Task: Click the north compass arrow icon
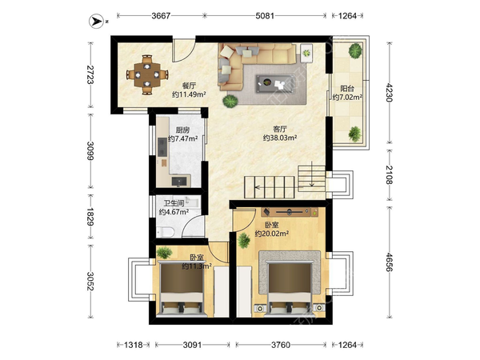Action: [x=97, y=21]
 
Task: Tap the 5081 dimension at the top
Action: [x=265, y=16]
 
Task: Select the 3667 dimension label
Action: [x=161, y=16]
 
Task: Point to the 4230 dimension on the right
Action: [x=389, y=93]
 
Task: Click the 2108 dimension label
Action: [x=389, y=174]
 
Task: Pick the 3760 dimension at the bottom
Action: [x=281, y=345]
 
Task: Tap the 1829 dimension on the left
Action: [x=90, y=217]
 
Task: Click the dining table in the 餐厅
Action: [x=147, y=74]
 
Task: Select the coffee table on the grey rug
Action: [x=275, y=83]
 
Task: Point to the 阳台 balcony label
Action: [x=347, y=89]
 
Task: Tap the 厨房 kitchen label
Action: [x=182, y=130]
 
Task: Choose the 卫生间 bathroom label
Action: [x=174, y=203]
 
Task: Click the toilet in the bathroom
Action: [x=165, y=232]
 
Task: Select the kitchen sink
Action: [x=178, y=182]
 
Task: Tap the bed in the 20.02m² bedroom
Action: [x=290, y=288]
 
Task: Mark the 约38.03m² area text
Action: [x=280, y=138]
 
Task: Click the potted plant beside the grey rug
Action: [x=230, y=101]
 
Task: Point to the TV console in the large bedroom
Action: [x=290, y=212]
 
